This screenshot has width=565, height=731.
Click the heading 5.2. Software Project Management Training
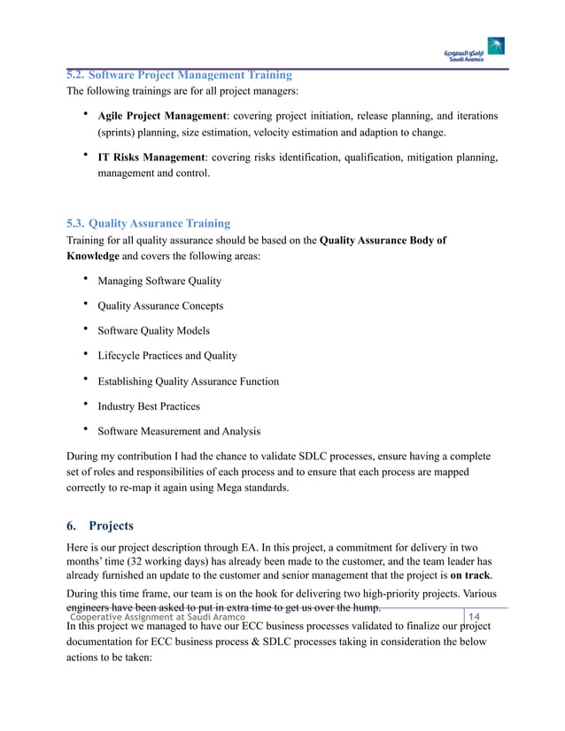click(x=179, y=74)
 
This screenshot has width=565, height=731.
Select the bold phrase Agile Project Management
click(x=162, y=116)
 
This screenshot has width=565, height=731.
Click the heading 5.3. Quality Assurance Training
click(x=148, y=223)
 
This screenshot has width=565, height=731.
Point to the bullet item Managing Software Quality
click(x=159, y=281)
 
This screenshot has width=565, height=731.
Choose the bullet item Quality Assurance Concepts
click(x=160, y=305)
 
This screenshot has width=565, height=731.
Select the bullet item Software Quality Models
click(x=153, y=330)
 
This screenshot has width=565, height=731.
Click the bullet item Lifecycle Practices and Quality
click(x=167, y=356)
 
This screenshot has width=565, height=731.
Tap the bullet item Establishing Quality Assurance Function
click(x=188, y=381)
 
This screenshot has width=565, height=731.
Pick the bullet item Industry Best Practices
click(x=149, y=406)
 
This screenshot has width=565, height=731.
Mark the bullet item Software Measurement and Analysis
click(x=179, y=431)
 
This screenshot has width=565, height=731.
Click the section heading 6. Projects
click(x=100, y=525)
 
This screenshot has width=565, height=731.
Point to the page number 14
click(x=474, y=617)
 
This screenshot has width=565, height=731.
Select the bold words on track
click(x=471, y=578)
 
